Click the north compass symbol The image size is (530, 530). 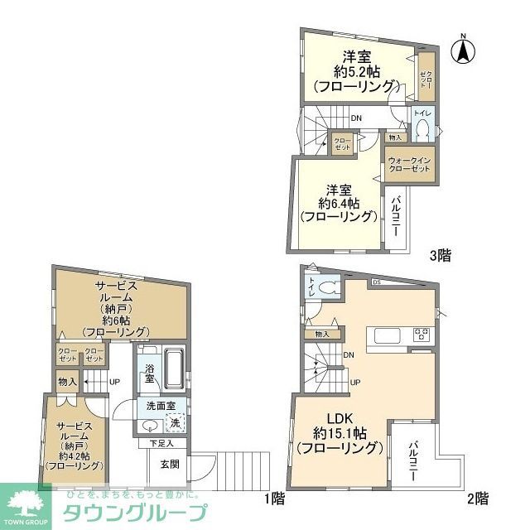click(463, 51)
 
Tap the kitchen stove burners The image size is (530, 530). click(422, 336)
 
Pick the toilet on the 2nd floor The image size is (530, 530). click(325, 287)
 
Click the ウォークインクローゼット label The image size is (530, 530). click(409, 163)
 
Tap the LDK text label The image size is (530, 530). click(339, 417)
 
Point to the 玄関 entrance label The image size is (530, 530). click(171, 465)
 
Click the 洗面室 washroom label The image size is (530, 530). click(161, 407)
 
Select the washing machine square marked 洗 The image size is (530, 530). click(175, 423)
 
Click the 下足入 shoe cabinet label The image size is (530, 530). click(161, 444)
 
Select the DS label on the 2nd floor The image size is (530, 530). click(377, 282)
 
